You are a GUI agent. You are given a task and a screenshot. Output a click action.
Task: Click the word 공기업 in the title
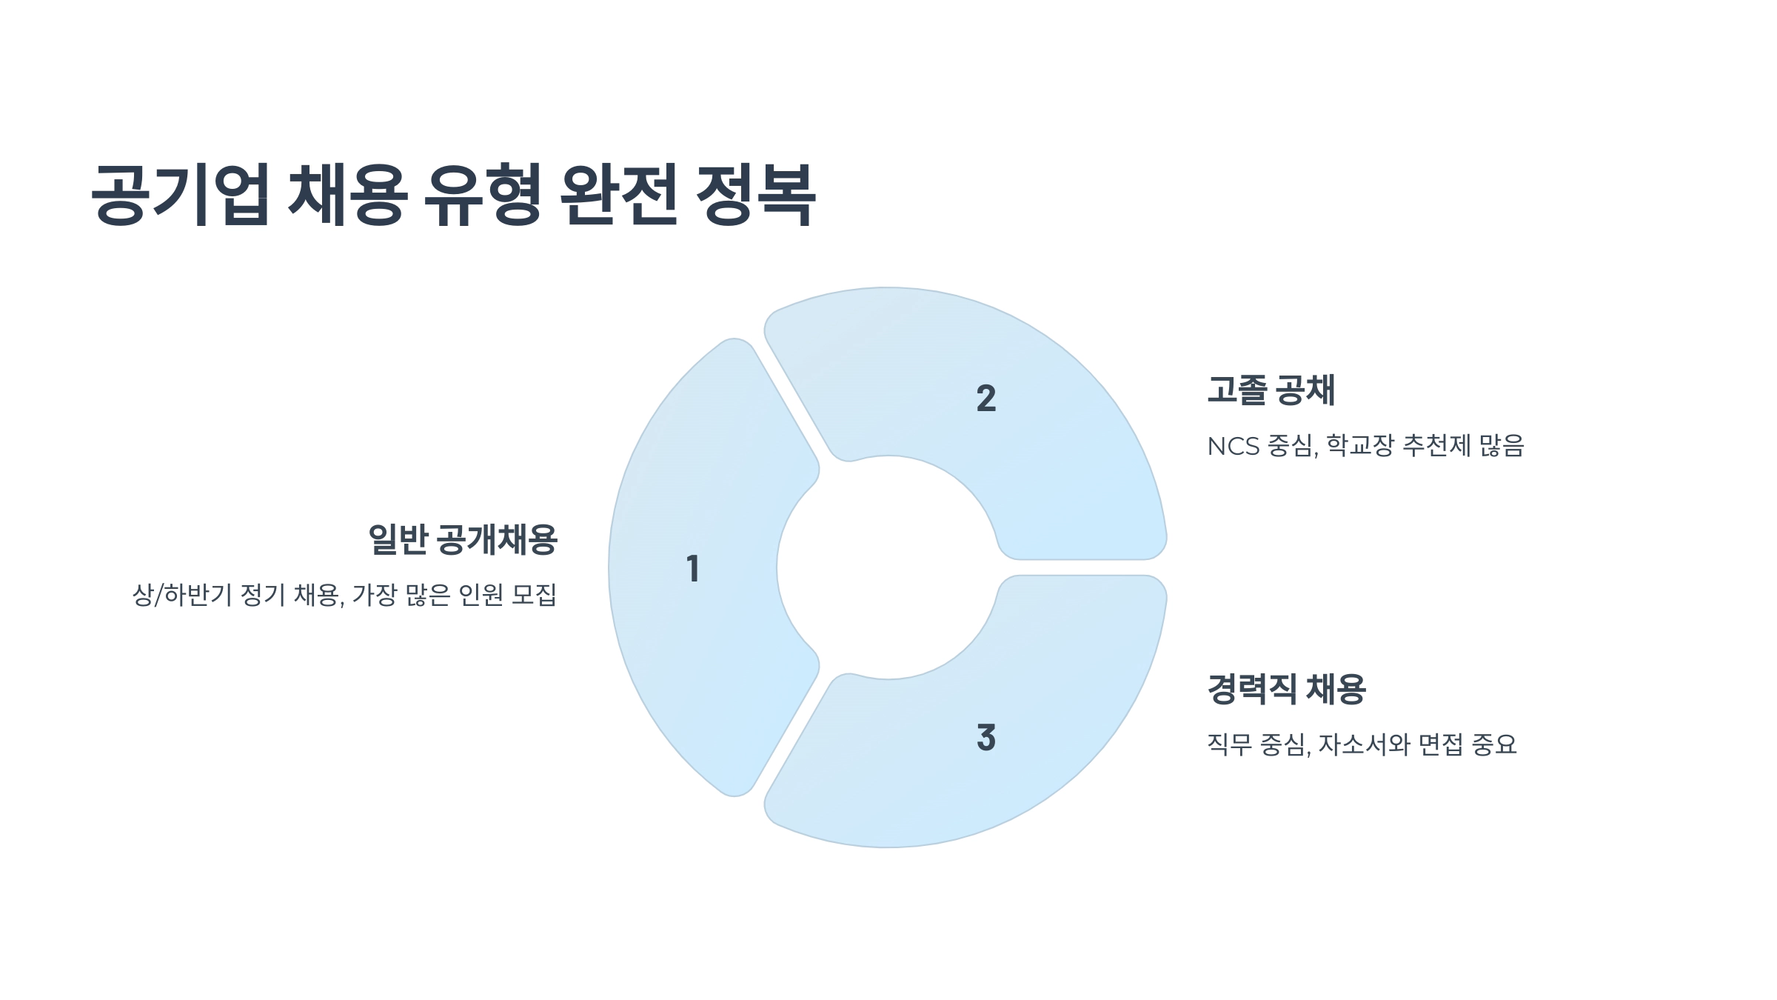click(x=179, y=194)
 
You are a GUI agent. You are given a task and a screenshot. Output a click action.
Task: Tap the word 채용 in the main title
click(x=347, y=194)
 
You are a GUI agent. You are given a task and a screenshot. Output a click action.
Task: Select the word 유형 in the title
click(x=483, y=194)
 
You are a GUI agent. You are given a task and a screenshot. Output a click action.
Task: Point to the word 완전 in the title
click(x=619, y=194)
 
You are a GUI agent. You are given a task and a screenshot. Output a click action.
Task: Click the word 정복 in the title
click(x=755, y=194)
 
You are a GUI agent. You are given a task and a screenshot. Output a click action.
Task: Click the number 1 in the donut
click(x=693, y=569)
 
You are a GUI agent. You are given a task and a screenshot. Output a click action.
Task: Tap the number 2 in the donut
click(x=985, y=399)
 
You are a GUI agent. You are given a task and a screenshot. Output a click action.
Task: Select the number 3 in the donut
click(x=985, y=738)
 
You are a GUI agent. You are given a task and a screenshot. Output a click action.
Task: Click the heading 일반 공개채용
click(x=462, y=539)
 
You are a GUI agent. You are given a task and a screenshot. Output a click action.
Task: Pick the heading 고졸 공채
click(x=1271, y=390)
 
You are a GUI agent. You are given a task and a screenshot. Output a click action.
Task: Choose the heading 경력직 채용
click(x=1286, y=689)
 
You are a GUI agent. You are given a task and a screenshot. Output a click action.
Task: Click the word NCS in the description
click(x=1233, y=446)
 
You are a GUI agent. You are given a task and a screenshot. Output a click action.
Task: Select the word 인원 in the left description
click(x=481, y=595)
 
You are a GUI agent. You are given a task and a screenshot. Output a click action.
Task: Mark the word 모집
click(x=534, y=595)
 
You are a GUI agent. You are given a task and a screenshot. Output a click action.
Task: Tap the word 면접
click(x=1440, y=744)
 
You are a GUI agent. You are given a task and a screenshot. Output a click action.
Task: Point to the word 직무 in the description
click(x=1229, y=744)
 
